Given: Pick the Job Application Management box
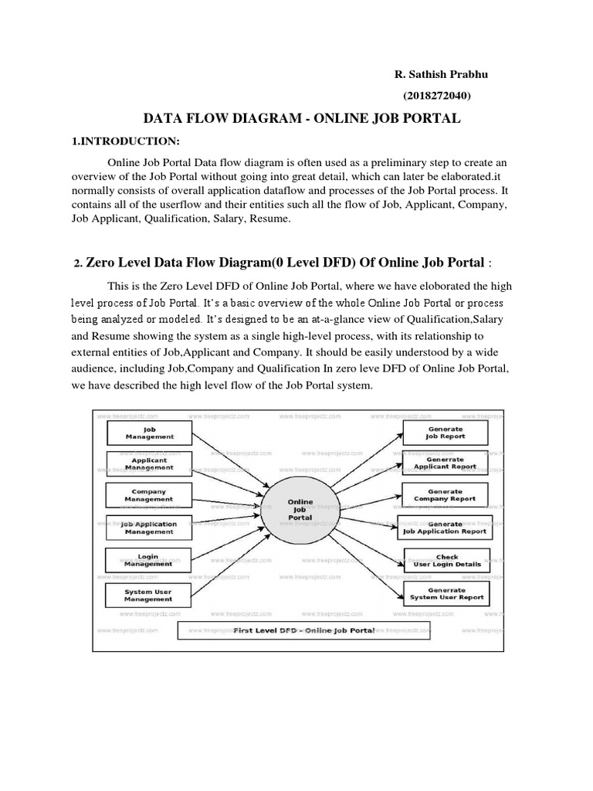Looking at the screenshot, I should (149, 528).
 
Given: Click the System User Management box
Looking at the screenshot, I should (149, 594).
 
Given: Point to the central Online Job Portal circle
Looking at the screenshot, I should (300, 509).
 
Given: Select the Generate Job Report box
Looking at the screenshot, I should (444, 432).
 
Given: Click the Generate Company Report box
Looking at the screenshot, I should (445, 494).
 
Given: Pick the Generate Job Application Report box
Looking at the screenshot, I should (445, 528).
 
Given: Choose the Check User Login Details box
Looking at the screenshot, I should (447, 560).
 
